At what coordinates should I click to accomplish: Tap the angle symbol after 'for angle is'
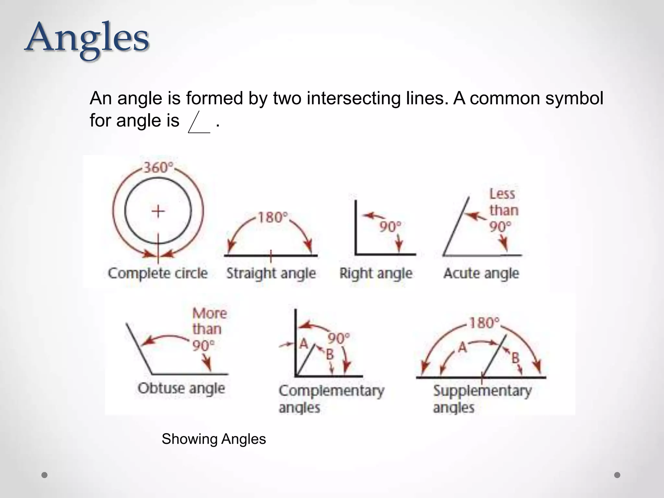click(x=199, y=122)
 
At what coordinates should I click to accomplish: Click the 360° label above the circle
click(x=158, y=168)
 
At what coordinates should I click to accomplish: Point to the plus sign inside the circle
click(x=158, y=211)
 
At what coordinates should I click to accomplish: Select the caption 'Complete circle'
click(x=158, y=273)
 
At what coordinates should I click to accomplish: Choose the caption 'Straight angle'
click(x=271, y=273)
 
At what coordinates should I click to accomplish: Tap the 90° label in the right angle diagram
click(x=390, y=227)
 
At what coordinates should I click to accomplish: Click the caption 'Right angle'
click(x=376, y=273)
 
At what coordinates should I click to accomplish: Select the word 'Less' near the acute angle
click(x=502, y=194)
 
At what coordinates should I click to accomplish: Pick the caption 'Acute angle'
click(x=481, y=273)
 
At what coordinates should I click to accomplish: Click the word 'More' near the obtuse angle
click(x=209, y=313)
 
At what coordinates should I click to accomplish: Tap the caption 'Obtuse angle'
click(x=181, y=388)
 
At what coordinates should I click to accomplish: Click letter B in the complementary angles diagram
click(x=329, y=354)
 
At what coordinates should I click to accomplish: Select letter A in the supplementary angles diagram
click(x=463, y=348)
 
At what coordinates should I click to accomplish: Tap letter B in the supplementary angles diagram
click(x=515, y=358)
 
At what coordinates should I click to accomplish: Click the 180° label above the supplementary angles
click(x=484, y=323)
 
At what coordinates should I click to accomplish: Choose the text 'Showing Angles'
click(x=214, y=439)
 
